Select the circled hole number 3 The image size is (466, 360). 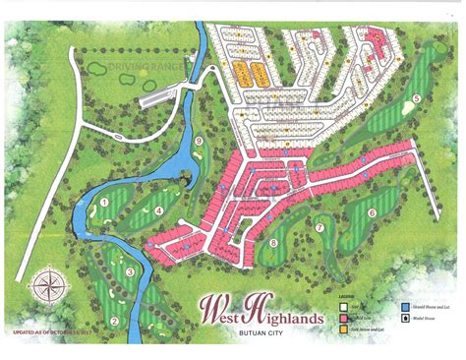130,272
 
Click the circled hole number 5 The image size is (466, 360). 417,98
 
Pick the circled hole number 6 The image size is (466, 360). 373,212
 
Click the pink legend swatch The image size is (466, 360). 342,317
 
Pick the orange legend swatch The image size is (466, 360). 342,329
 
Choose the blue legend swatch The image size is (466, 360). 405,306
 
